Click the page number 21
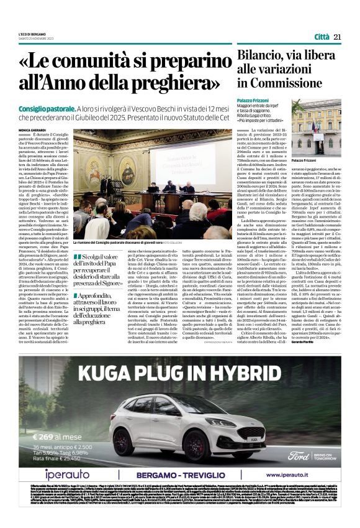pyautogui.click(x=338, y=37)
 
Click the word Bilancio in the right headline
pyautogui.click(x=261, y=55)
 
